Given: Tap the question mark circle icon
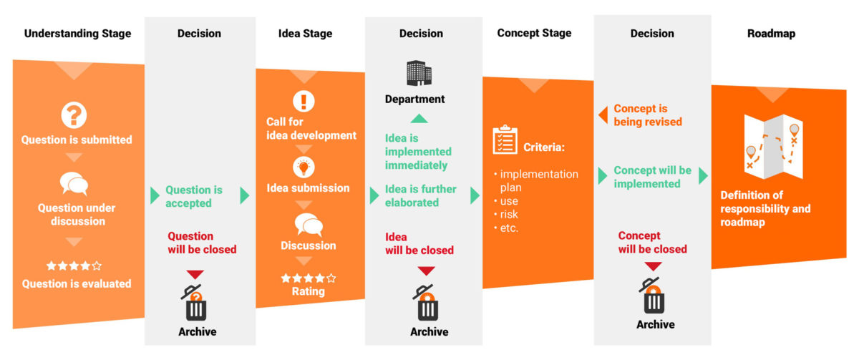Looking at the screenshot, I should tap(74, 115).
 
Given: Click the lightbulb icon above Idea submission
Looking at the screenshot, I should tap(304, 167).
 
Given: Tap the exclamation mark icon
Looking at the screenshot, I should tap(304, 100).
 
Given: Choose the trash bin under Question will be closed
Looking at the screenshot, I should tap(195, 305).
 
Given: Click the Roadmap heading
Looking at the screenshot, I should tap(771, 34).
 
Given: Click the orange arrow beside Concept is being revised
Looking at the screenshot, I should tap(603, 115).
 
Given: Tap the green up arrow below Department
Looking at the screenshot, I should tap(419, 118).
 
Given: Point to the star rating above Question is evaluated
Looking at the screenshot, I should tap(74, 266).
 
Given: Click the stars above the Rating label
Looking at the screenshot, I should tap(308, 278).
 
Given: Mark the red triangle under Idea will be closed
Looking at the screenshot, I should tap(427, 271).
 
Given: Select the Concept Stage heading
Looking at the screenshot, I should tap(534, 34).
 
